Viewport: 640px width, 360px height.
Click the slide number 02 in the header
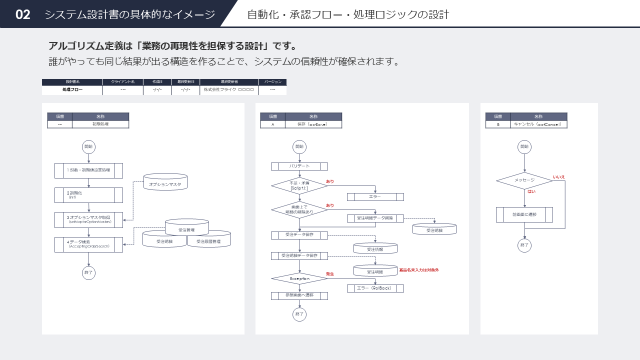coord(23,14)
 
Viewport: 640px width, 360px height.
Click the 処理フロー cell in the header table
coord(72,90)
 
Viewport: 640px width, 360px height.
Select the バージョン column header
coord(272,81)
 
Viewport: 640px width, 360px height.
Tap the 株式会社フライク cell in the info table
coord(229,90)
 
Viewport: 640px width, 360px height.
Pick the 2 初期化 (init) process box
coord(88,195)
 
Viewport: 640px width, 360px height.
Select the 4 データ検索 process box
coord(88,244)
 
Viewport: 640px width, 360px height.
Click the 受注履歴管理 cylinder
coord(208,240)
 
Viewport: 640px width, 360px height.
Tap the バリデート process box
coord(299,166)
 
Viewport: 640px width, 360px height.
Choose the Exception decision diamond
coord(299,278)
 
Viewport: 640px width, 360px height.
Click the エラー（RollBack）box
coord(375,288)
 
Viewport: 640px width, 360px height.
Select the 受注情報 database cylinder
coord(375,248)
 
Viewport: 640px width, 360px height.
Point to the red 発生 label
coord(330,274)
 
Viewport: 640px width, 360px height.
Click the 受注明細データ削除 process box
coord(375,218)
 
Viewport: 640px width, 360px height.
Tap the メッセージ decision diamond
coord(524,180)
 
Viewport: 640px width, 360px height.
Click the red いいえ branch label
coord(558,177)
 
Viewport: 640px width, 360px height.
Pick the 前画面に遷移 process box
coord(524,214)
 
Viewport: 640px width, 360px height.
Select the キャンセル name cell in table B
coord(538,124)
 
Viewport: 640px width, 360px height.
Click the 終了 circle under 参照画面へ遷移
coord(299,314)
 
